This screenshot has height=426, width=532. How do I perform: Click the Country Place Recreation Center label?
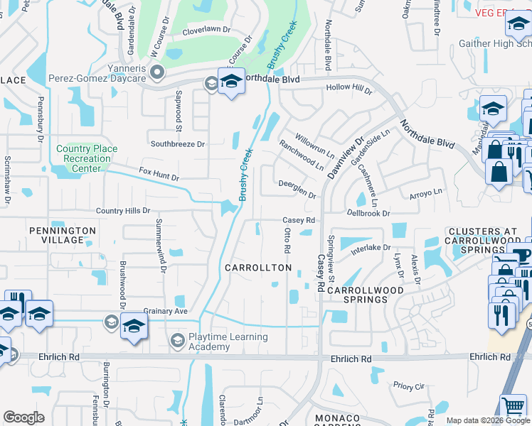(x=83, y=158)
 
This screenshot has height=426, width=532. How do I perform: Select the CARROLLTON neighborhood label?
(x=258, y=268)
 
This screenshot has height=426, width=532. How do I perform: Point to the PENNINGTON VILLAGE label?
(x=63, y=235)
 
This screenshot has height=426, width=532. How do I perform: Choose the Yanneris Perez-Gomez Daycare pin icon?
(x=157, y=71)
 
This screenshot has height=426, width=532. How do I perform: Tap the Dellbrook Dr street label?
(x=368, y=213)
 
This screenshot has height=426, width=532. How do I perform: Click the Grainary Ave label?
(x=165, y=311)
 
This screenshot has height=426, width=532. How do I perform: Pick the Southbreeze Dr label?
(x=177, y=143)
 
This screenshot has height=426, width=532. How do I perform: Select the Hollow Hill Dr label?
(x=349, y=89)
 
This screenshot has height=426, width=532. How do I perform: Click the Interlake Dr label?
(x=367, y=248)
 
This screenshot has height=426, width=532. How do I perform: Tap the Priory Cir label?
(x=409, y=386)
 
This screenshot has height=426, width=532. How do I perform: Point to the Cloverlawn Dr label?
(x=207, y=30)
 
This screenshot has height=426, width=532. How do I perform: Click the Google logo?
(x=23, y=417)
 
